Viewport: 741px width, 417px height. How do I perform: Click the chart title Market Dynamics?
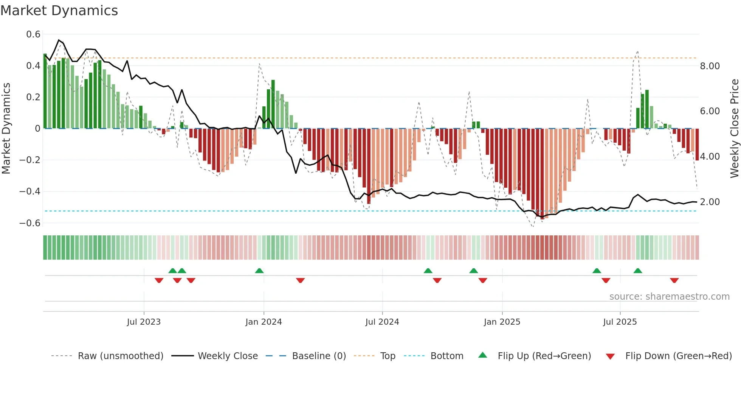coord(59,11)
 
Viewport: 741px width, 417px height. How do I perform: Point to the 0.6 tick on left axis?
coord(33,34)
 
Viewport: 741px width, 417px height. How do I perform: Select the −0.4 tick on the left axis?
coord(30,191)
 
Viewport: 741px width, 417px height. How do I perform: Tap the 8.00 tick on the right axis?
coord(710,66)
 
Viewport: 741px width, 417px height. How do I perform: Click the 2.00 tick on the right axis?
coord(710,202)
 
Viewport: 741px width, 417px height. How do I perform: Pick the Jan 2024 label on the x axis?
coord(264,322)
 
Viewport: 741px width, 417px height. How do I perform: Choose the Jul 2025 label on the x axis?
coord(620,322)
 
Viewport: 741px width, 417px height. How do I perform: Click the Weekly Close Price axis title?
coord(734,128)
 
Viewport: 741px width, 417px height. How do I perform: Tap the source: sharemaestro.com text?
coord(669,297)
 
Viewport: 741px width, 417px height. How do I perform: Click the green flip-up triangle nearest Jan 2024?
coord(259,271)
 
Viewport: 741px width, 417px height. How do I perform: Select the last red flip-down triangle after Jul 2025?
coord(674,280)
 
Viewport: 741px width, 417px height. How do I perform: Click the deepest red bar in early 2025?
coord(542,174)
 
